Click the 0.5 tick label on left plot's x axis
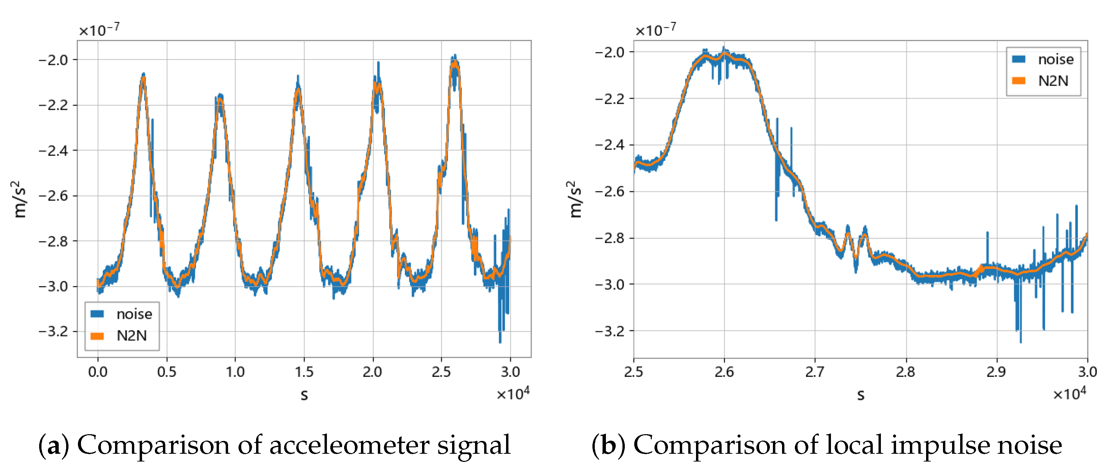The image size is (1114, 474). click(167, 371)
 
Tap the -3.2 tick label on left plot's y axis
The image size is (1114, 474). click(53, 332)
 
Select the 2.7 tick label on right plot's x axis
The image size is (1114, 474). click(815, 371)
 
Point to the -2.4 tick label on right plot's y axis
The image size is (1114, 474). click(610, 145)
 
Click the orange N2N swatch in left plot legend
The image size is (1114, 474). click(97, 336)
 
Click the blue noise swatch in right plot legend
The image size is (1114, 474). click(1019, 59)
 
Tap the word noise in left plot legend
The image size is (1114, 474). click(134, 314)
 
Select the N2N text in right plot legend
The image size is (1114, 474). click(1053, 81)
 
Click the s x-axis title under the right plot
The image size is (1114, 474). click(861, 394)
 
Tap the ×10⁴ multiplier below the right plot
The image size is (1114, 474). click(1069, 394)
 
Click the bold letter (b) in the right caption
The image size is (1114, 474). click(608, 445)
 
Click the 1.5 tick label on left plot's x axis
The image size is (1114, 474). click(304, 371)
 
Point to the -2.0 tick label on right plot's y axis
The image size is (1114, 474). click(610, 52)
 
